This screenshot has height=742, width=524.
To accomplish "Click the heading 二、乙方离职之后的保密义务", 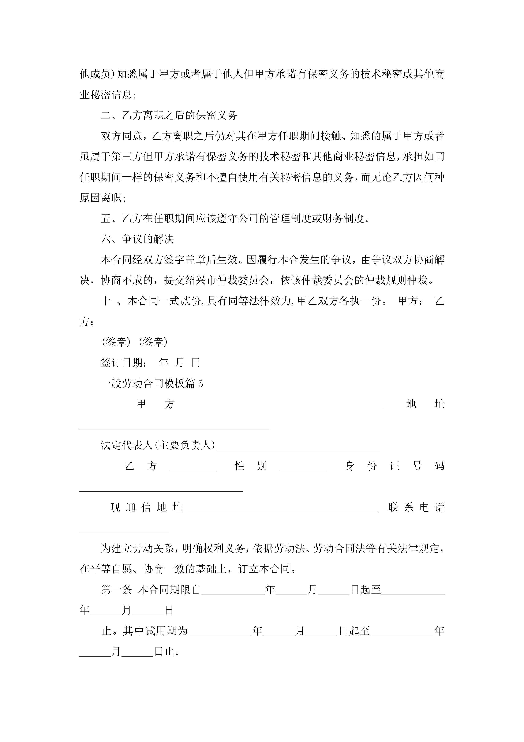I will pos(169,115).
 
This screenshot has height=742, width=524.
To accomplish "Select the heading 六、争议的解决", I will pos(138,239).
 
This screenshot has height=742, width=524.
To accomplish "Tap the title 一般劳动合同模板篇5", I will pos(152,384).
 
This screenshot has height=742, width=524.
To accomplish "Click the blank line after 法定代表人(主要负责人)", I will pos(298,446).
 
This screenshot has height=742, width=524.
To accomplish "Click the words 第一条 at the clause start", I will pos(116,590).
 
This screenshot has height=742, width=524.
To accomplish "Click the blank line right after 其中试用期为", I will pos(220,632).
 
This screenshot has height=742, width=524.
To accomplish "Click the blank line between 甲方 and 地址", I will pos(288,405).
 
